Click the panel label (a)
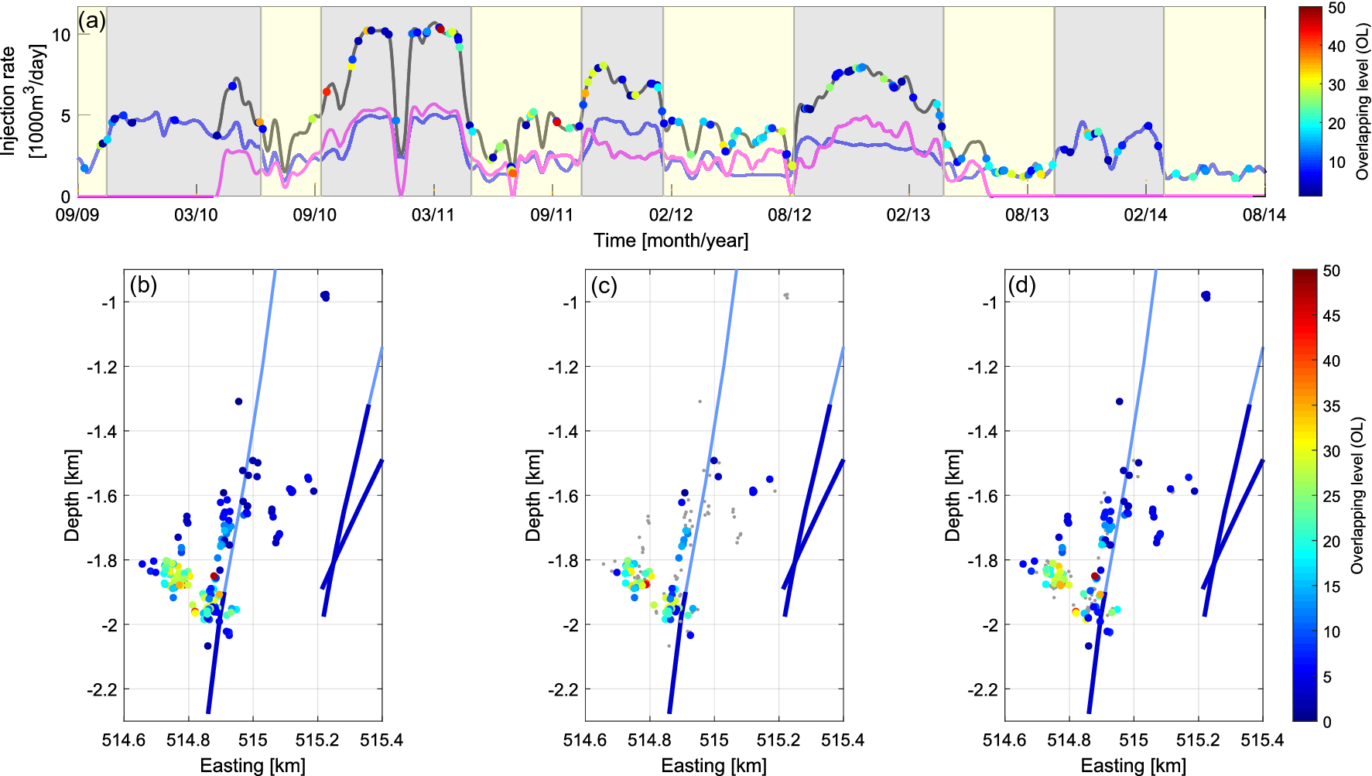point(92,21)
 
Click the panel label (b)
point(143,285)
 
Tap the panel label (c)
point(604,285)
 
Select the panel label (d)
point(1021,285)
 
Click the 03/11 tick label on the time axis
point(433,214)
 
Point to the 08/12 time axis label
point(789,214)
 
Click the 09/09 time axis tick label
point(77,214)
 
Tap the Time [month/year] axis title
point(671,241)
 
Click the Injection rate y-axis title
point(22,101)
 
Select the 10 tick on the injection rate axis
point(61,35)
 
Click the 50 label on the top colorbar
point(1336,9)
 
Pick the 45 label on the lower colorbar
point(1331,316)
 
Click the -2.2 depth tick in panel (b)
point(102,689)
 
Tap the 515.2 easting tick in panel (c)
point(778,740)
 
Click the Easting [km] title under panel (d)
point(1133,766)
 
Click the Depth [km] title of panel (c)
point(532,495)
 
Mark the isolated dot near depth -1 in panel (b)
point(325,296)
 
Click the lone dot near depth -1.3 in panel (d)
point(1119,402)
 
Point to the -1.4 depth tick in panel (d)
point(983,431)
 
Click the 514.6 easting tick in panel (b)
point(124,740)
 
